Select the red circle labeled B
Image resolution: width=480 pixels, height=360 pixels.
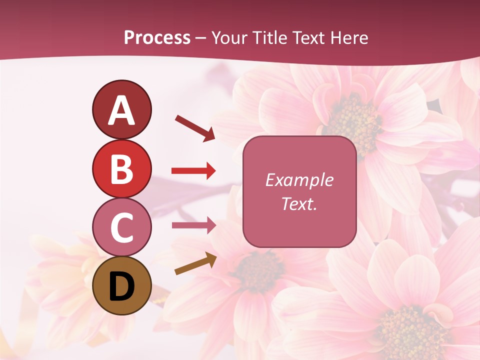(x=121, y=168)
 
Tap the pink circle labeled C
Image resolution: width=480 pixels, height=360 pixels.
(x=121, y=227)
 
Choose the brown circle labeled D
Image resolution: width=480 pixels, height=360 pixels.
(x=121, y=285)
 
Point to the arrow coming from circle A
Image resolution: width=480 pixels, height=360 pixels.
(x=195, y=128)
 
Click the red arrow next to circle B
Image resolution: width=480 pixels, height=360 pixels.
(x=193, y=171)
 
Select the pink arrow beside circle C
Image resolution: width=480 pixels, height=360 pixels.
(x=193, y=225)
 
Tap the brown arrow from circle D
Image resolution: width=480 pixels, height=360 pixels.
(x=195, y=264)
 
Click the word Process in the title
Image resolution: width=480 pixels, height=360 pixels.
(x=157, y=38)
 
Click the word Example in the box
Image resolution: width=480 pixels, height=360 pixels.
(x=299, y=180)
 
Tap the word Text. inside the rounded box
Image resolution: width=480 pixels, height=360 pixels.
(x=299, y=203)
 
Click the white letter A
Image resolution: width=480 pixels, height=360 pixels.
(x=121, y=110)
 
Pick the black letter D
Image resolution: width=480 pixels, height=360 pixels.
(x=121, y=286)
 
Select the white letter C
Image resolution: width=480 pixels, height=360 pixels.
(x=121, y=228)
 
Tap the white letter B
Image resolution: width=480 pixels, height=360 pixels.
(x=121, y=169)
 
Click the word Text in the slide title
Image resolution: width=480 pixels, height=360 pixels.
(x=308, y=38)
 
